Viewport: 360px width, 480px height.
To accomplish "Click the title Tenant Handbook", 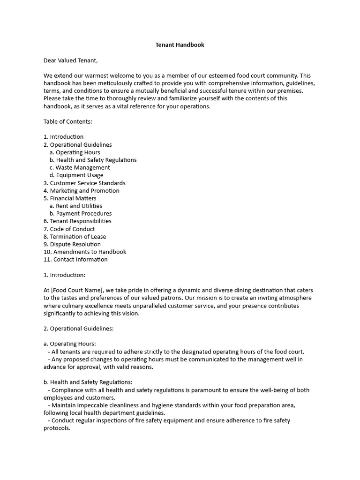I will pos(180,45).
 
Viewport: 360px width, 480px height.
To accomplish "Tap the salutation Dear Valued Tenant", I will pos(71,60).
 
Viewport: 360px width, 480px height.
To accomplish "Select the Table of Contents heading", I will pos(68,121).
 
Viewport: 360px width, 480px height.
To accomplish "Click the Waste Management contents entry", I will pos(80,167).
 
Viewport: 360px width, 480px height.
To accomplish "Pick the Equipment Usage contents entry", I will pos(76,175).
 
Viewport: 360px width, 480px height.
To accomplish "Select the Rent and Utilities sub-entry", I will pos(75,206).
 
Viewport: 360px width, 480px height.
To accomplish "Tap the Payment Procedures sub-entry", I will pos(81,213).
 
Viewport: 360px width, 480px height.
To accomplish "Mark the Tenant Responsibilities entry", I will pos(77,221).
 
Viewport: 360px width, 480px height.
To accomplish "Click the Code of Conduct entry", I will pos(69,229).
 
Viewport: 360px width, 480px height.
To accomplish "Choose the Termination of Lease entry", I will pos(75,237).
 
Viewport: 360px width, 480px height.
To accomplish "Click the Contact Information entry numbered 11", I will pos(75,259).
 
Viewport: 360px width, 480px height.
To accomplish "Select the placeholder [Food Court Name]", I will pos(76,290).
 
